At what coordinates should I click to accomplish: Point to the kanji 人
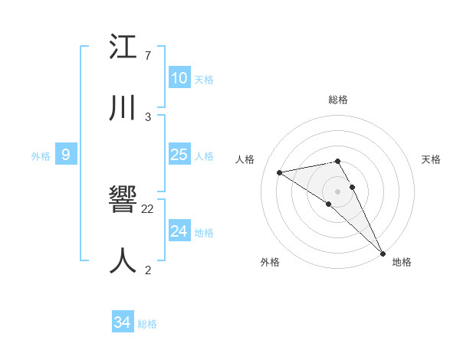[x=123, y=261]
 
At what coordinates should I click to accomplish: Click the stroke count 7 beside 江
[x=148, y=56]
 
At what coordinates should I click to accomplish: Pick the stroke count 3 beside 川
[x=148, y=116]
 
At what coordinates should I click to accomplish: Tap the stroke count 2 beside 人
[x=148, y=270]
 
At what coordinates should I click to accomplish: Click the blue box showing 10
[x=179, y=78]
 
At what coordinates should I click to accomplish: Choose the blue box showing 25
[x=179, y=155]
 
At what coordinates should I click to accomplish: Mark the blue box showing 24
[x=179, y=231]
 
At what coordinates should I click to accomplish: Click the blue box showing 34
[x=122, y=322]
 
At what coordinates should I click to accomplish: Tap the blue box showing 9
[x=66, y=155]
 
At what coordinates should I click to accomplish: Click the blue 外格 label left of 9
[x=41, y=156]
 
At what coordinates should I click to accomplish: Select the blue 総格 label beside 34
[x=147, y=324]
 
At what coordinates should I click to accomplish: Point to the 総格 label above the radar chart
[x=338, y=100]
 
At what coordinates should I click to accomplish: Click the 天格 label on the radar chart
[x=432, y=159]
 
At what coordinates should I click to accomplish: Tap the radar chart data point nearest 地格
[x=383, y=253]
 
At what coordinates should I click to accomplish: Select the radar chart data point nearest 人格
[x=280, y=172]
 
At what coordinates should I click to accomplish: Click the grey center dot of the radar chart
[x=338, y=191]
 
